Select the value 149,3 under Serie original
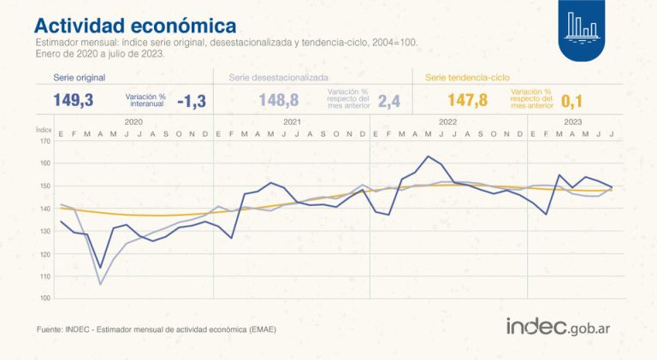pos(73,100)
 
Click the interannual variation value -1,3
pos(191,100)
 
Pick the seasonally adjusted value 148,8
pos(278,100)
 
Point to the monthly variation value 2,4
pos(389,100)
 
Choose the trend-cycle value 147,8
pos(467,100)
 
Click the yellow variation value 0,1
pos(571,100)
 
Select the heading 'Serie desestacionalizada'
pos(280,77)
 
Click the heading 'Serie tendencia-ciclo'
pos(471,77)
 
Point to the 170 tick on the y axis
pos(45,141)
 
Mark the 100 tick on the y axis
pos(45,298)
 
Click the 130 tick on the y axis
pos(45,232)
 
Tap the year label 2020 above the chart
pos(133,122)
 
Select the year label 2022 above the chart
pos(447,122)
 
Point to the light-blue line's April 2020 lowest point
pos(100,284)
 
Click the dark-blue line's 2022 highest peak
pos(428,156)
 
